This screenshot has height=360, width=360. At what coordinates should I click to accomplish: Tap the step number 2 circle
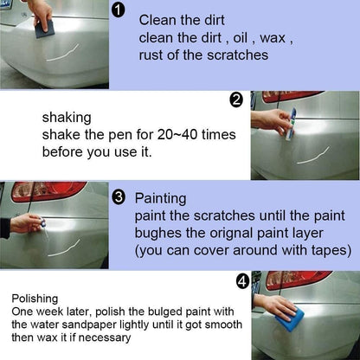(236, 100)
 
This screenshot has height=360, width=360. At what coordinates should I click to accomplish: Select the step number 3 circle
(119, 196)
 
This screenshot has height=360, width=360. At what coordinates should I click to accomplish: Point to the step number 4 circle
(244, 281)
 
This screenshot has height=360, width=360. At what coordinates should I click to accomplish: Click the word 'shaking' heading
(65, 115)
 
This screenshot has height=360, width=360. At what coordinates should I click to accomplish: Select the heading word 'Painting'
(161, 197)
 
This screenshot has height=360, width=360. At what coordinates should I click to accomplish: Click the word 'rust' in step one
(153, 55)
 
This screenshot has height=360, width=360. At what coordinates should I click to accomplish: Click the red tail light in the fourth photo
(299, 279)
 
